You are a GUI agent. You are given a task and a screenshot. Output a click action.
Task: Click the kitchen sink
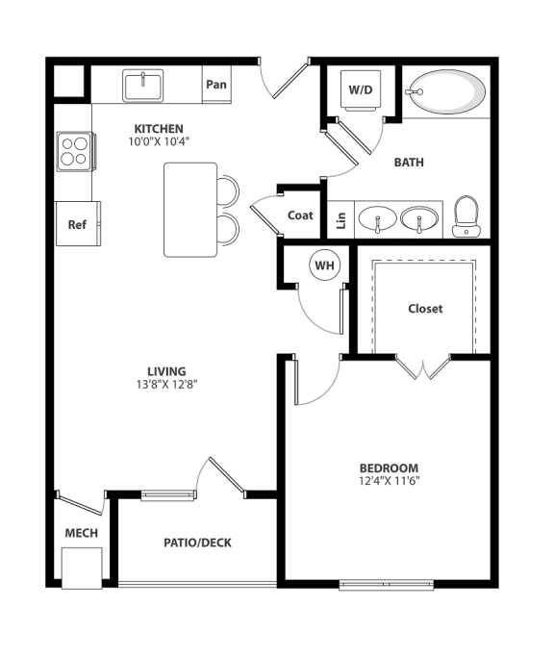pos(143,86)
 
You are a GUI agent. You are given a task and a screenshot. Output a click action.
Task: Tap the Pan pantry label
pos(216,85)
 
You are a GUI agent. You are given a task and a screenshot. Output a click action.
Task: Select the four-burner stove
pos(74,152)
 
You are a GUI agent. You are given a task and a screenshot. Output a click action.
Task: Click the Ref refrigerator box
pos(77,224)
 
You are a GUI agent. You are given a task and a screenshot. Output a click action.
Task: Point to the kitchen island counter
pos(190,210)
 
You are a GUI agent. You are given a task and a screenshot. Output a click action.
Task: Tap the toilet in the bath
pos(466,216)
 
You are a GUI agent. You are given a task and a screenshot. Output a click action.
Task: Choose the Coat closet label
pos(300,215)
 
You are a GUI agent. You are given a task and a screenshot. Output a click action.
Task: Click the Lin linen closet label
pos(340,219)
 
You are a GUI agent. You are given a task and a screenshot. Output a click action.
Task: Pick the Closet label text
pos(425,309)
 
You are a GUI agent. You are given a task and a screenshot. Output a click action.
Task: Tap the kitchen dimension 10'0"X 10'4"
pos(160,141)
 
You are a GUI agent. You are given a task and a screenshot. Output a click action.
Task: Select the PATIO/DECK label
pos(197,543)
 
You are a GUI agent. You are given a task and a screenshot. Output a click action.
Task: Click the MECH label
pos(81,533)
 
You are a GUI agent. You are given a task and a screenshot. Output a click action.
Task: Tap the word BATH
pos(410,163)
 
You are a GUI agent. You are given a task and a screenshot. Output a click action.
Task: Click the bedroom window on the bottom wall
pos(386,583)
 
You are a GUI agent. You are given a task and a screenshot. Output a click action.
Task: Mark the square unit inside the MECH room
pos(81,567)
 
